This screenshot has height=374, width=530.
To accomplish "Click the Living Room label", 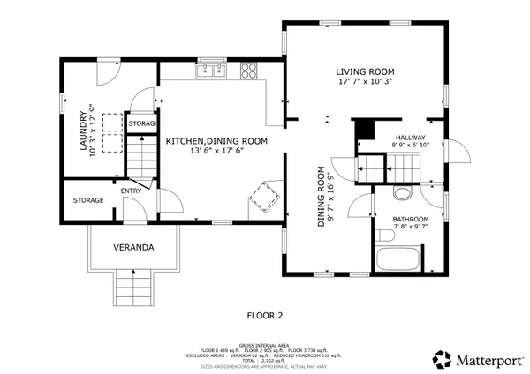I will [x=364, y=71].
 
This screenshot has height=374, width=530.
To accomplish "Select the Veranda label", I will [x=134, y=248].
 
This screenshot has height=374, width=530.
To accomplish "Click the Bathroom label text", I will [x=411, y=219].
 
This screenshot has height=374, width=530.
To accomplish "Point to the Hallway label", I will [x=410, y=138].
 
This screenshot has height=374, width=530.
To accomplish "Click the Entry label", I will [x=130, y=190].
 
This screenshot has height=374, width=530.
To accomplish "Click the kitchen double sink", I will [x=211, y=69].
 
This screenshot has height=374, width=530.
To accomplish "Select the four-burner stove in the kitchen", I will [x=250, y=69].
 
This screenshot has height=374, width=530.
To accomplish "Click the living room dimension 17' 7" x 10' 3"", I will [x=364, y=81].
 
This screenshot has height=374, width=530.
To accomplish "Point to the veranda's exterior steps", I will [x=134, y=288].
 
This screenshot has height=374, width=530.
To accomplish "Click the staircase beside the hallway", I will [x=392, y=165].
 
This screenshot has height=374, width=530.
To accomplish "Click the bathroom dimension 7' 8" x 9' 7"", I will [x=411, y=228].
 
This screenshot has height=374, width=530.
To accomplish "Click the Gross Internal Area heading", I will [x=264, y=345].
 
